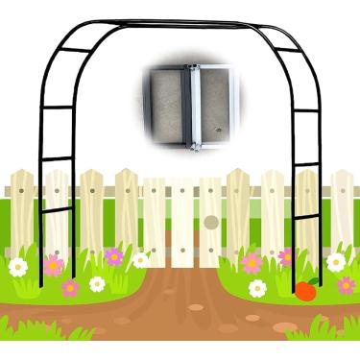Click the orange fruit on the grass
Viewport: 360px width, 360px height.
pyautogui.click(x=305, y=291)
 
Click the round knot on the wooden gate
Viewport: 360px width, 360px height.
pyautogui.click(x=211, y=223)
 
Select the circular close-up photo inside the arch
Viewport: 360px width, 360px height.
pyautogui.click(x=191, y=106)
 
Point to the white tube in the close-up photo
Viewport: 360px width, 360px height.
pyautogui.click(x=196, y=106)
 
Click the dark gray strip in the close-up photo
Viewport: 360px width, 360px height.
pyautogui.click(x=171, y=106)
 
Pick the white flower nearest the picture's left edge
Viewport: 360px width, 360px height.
pyautogui.click(x=18, y=267)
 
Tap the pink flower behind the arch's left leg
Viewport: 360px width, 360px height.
pyautogui.click(x=54, y=265)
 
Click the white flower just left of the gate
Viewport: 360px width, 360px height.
pyautogui.click(x=141, y=259)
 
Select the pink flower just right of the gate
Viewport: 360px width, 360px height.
pyautogui.click(x=252, y=263)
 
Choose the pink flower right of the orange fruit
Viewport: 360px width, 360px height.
pyautogui.click(x=346, y=285)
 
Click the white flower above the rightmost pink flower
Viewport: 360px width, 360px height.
pyautogui.click(x=336, y=261)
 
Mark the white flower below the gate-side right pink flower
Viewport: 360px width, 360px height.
pyautogui.click(x=257, y=288)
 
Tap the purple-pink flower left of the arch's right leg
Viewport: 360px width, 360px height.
pyautogui.click(x=286, y=257)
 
